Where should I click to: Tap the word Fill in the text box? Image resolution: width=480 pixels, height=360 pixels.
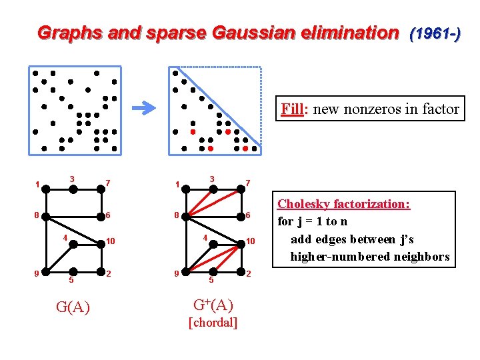click(x=291, y=109)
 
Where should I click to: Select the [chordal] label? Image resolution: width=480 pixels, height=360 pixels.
click(x=213, y=323)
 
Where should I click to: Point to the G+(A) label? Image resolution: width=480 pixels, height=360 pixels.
click(x=213, y=305)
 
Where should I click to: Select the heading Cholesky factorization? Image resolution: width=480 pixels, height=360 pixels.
click(x=343, y=204)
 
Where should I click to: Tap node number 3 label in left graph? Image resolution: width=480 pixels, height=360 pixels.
click(x=72, y=178)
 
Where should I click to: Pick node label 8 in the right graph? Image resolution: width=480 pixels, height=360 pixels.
click(x=175, y=215)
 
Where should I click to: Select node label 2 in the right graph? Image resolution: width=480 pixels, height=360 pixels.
click(x=249, y=274)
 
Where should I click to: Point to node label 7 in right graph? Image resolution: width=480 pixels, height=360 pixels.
click(x=248, y=183)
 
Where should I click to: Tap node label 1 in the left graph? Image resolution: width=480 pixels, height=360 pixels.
click(x=38, y=185)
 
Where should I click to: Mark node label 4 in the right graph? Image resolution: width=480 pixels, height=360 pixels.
click(x=206, y=238)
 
